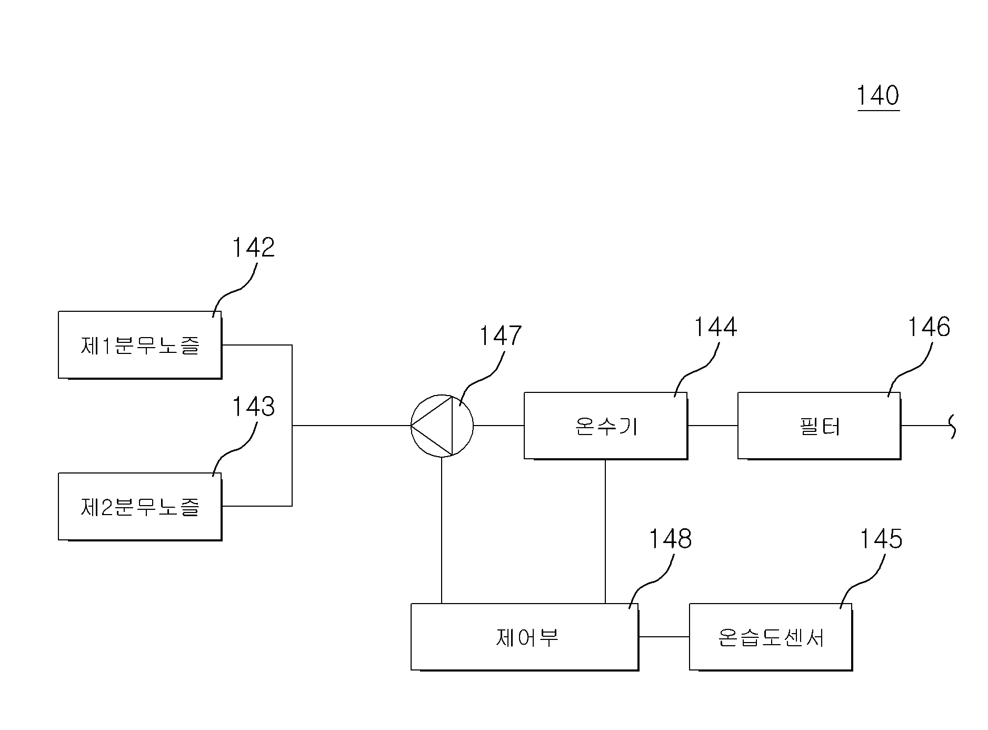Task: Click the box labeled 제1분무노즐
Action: [139, 345]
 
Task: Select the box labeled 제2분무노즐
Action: [139, 507]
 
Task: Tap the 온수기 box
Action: [606, 426]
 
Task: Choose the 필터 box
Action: [819, 426]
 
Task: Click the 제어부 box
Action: [525, 637]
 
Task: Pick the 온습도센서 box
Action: [771, 637]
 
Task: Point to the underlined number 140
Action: [878, 96]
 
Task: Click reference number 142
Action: [254, 248]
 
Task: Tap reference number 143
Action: [254, 407]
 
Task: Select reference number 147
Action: [500, 336]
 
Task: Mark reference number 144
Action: [715, 327]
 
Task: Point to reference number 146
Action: [929, 327]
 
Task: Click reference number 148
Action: [670, 539]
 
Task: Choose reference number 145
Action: [881, 539]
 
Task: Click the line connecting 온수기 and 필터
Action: [713, 425]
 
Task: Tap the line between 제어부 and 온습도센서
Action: [664, 637]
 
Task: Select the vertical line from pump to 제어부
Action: [442, 530]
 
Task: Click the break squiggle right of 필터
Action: [952, 426]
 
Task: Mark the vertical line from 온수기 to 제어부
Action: [605, 531]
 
